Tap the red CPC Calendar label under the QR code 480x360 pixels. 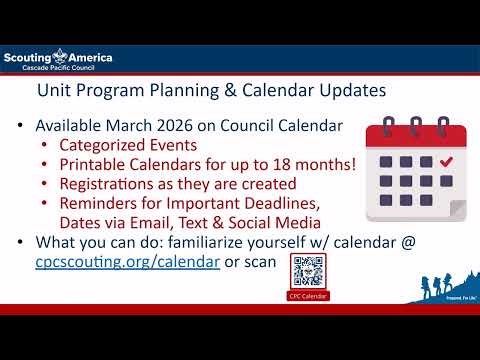point(308,296)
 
